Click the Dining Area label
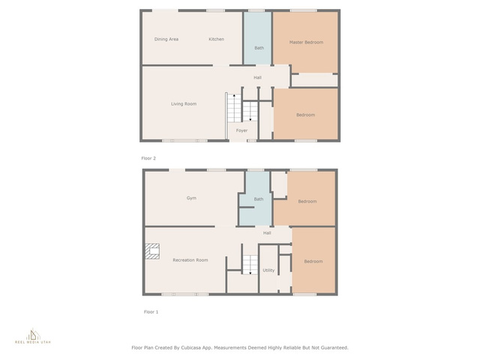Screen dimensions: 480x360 pos(166,39)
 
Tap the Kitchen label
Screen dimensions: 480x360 pos(217,39)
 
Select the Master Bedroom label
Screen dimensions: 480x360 pos(306,42)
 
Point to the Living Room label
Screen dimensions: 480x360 pos(184,103)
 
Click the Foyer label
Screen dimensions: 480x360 pos(241,130)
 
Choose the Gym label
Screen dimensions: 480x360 pos(191,198)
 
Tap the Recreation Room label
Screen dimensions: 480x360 pos(190,260)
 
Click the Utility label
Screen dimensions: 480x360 pos(268,270)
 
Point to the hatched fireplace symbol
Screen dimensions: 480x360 pos(152,251)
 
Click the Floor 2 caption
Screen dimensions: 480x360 pos(148,158)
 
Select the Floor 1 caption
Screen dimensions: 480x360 pos(151,312)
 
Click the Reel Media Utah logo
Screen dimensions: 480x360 pos(33,337)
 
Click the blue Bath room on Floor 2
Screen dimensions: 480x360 pos(257,38)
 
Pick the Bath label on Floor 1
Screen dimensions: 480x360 pos(259,199)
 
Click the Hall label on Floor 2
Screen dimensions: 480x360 pos(257,77)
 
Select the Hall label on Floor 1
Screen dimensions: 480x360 pos(267,233)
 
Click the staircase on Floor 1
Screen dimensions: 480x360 pos(250,265)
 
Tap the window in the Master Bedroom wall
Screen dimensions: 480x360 pos(303,10)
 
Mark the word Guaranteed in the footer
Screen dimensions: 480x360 pos(334,348)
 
